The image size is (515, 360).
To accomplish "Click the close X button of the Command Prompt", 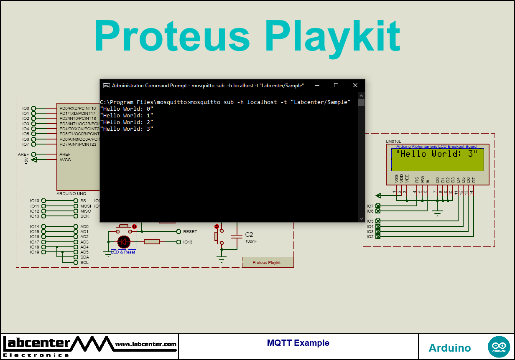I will click(x=355, y=85).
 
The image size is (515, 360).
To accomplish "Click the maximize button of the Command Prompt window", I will click(x=336, y=85).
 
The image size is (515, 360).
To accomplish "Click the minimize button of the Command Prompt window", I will click(x=316, y=85).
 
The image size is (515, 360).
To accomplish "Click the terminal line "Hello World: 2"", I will click(x=127, y=122).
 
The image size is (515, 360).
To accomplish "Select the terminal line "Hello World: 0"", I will click(x=127, y=109).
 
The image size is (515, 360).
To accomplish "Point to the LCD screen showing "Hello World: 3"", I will click(x=437, y=159).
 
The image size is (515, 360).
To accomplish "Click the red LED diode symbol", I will click(x=124, y=241).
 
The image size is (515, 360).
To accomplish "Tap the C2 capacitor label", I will click(x=249, y=235).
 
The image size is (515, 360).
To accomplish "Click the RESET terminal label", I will click(x=190, y=231).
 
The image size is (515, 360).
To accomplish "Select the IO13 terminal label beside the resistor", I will click(x=188, y=242).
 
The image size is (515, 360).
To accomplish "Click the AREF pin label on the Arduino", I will click(x=65, y=154).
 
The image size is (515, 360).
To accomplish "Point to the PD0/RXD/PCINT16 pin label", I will click(x=77, y=108).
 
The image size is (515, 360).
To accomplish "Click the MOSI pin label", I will click(x=85, y=206).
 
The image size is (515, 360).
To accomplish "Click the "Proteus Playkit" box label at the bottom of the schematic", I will click(x=267, y=263).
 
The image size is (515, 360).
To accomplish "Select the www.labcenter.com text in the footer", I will click(x=145, y=344).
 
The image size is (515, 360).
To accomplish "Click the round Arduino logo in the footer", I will click(x=499, y=347).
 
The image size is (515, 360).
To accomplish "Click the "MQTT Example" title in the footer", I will click(x=298, y=343).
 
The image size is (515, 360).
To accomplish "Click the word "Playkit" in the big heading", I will click(x=333, y=36).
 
